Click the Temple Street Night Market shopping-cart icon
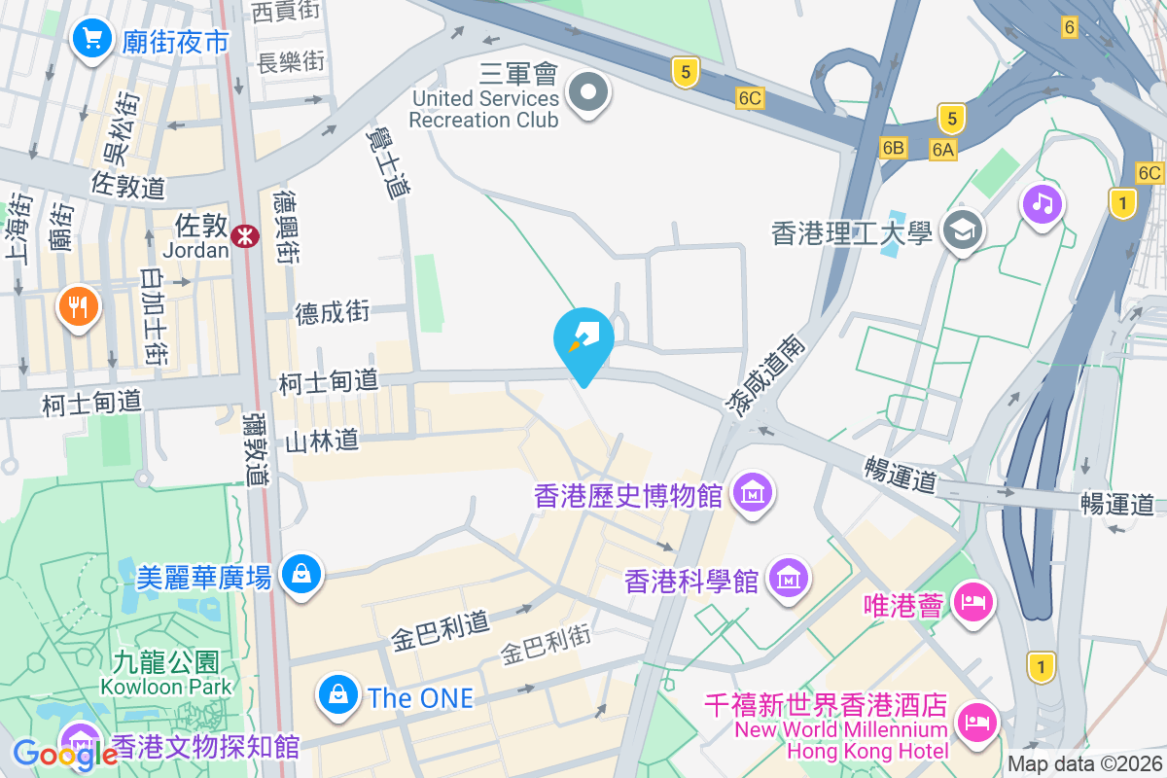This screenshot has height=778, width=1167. pos(92,40)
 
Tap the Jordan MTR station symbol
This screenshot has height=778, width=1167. pos(245,233)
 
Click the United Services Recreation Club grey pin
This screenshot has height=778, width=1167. pos(588,94)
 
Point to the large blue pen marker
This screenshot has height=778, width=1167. pos(583,338)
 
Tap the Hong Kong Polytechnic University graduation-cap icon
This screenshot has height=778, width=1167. pos(963,231)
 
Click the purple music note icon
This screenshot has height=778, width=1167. pos(1042,203)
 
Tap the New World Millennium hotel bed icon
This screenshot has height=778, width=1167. pos(974,722)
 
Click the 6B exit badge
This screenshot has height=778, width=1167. pos(893,148)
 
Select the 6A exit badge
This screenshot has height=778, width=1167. pos(942,149)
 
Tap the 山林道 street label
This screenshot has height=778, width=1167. pos(322,442)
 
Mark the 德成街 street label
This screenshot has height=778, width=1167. pos(333,312)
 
